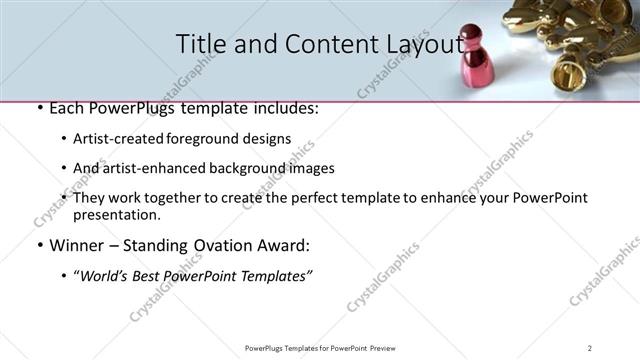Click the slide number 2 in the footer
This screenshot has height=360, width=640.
590,348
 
